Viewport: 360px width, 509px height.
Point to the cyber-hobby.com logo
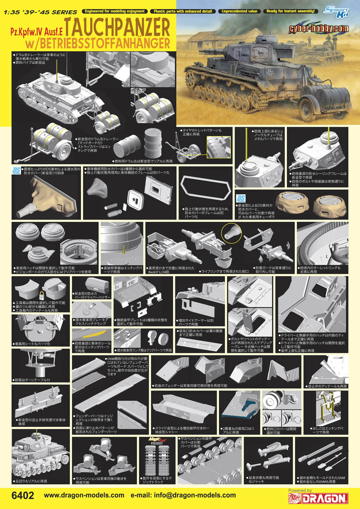pos(330,29)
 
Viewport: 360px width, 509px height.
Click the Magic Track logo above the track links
pos(155,439)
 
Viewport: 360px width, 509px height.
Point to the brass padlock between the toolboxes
pos(42,294)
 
